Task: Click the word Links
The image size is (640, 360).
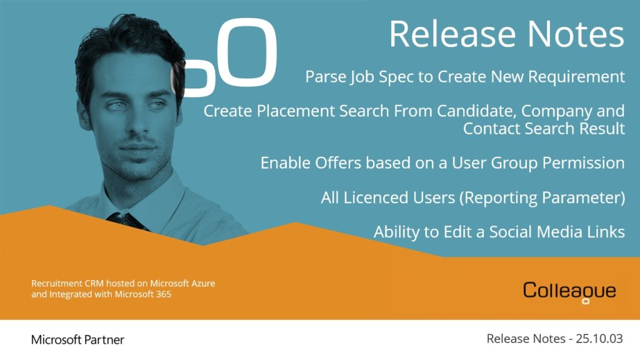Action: coord(606,232)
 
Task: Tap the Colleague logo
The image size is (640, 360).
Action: coord(569,292)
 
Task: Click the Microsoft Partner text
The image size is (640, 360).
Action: coord(77,339)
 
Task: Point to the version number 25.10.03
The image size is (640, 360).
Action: coord(599,338)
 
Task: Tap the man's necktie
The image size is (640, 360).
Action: coord(126,221)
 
